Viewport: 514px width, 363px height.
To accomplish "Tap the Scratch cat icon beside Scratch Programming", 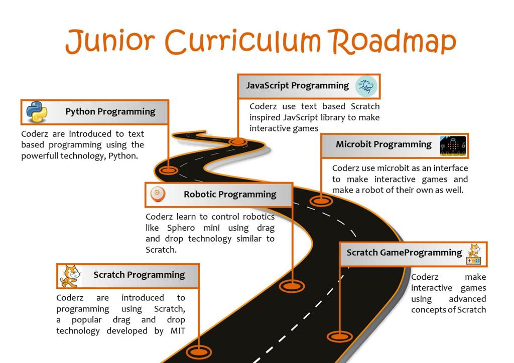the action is coord(70,276).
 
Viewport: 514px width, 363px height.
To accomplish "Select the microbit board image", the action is coord(453,146).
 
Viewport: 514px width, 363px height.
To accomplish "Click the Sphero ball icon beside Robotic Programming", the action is coord(157,194).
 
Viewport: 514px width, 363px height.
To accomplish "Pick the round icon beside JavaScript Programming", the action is coord(366,86).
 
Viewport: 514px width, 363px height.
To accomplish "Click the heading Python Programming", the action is coord(110,112).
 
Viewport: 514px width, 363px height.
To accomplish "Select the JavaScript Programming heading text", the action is coord(297,86).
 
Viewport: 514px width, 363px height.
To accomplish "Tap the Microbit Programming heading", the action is coord(383,144).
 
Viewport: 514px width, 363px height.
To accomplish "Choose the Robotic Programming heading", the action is coord(230,195).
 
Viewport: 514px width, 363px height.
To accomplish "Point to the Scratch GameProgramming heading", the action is coord(404,253).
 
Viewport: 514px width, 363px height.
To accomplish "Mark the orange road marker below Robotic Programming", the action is coord(292,286).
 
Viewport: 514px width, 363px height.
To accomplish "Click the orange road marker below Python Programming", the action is coord(169,170).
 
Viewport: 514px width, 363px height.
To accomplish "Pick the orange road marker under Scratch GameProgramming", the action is coord(340,336).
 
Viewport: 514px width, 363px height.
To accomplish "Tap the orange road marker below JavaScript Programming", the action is coord(237,142).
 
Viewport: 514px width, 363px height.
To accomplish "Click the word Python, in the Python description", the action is coord(122,156).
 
